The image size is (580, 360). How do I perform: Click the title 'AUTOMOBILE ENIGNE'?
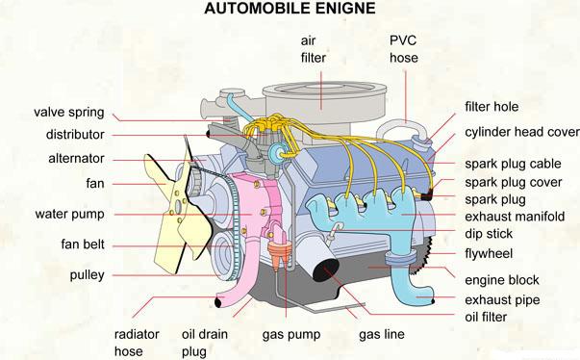(289, 11)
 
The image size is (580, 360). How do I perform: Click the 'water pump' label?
(70, 214)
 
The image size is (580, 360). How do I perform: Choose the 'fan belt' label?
(83, 244)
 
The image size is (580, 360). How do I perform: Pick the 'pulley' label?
(88, 275)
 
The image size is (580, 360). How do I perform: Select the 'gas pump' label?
(288, 336)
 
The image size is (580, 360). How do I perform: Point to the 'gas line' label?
(382, 336)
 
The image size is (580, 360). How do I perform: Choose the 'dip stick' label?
(489, 234)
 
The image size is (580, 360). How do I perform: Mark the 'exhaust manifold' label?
(515, 217)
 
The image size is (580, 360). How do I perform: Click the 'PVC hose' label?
(404, 49)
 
